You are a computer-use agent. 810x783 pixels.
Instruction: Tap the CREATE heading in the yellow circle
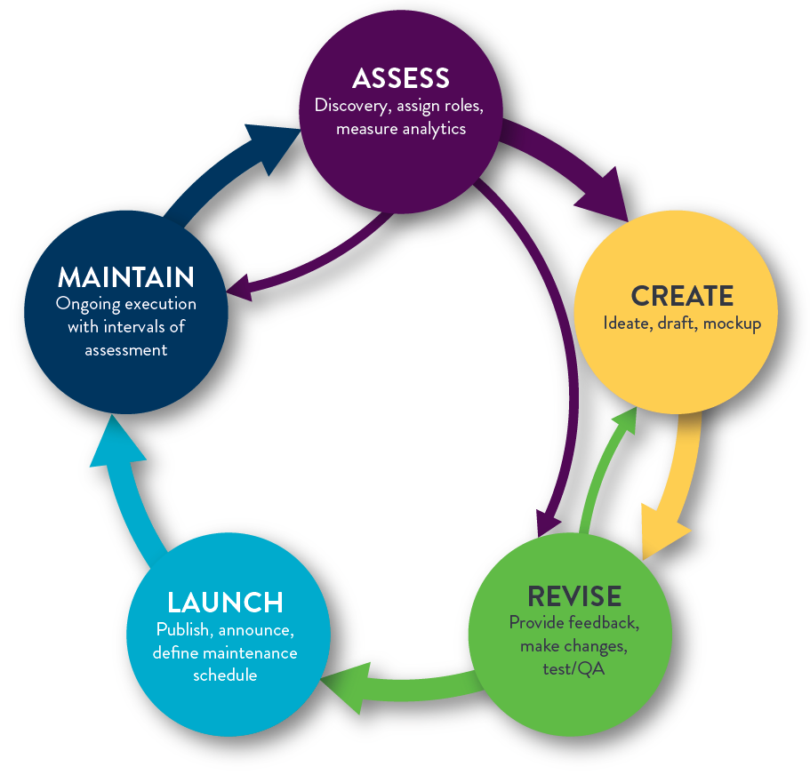click(x=682, y=296)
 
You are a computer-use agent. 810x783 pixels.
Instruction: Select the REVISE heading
click(x=573, y=595)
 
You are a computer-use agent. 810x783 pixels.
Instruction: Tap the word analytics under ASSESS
click(x=434, y=130)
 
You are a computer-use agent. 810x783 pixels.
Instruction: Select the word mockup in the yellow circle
click(x=732, y=324)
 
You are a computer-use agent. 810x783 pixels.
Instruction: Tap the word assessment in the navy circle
click(x=125, y=349)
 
